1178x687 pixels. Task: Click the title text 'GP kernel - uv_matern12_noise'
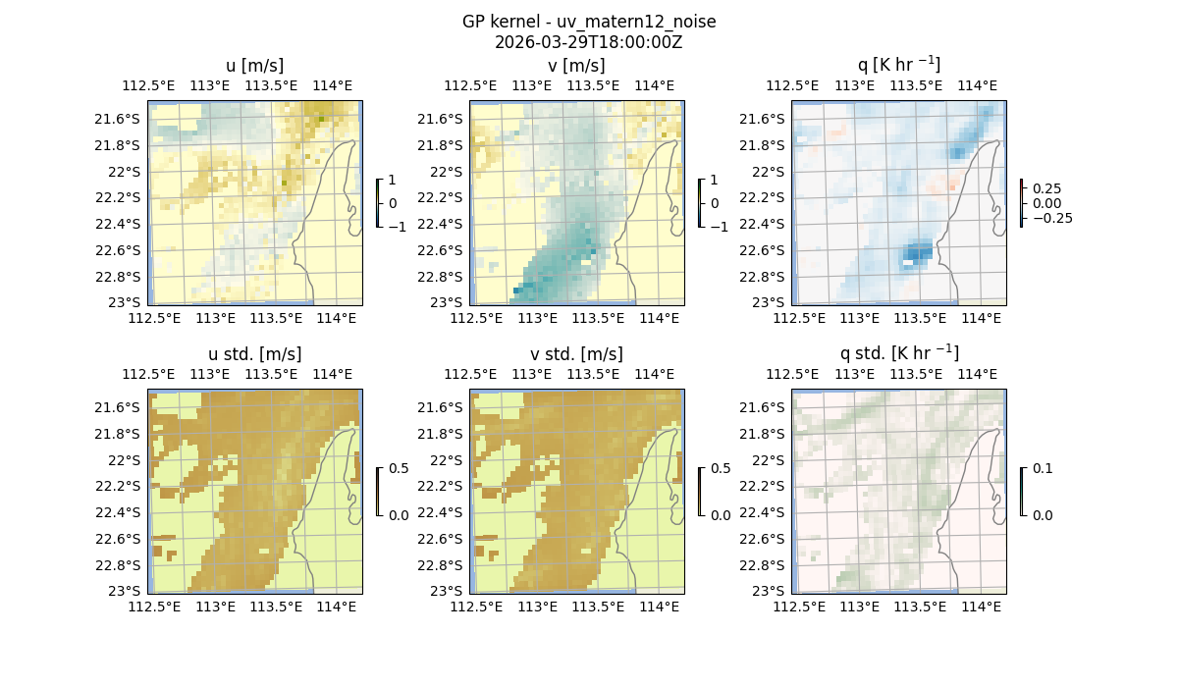(x=589, y=22)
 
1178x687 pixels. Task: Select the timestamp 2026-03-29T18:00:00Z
(x=589, y=42)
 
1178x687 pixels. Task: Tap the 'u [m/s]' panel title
(x=254, y=66)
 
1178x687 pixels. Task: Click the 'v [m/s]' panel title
(x=576, y=66)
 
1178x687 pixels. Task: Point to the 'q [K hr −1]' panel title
(x=898, y=66)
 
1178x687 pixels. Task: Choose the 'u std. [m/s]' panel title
(x=254, y=353)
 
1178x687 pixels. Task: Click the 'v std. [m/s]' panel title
(x=576, y=353)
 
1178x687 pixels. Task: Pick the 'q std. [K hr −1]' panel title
(x=898, y=353)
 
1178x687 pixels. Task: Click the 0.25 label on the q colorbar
(x=1045, y=188)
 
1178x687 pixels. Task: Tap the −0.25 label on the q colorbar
(x=1051, y=218)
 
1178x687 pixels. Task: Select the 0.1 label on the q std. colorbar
(x=1043, y=468)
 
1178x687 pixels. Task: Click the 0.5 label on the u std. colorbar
(x=399, y=468)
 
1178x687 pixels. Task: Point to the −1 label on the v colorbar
(x=720, y=226)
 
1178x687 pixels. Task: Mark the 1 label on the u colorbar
(x=393, y=180)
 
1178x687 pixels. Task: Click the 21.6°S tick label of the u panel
(x=124, y=119)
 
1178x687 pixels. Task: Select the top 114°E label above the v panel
(x=656, y=85)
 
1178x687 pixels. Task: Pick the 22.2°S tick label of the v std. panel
(x=446, y=486)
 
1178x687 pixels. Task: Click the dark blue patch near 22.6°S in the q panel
(x=918, y=253)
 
